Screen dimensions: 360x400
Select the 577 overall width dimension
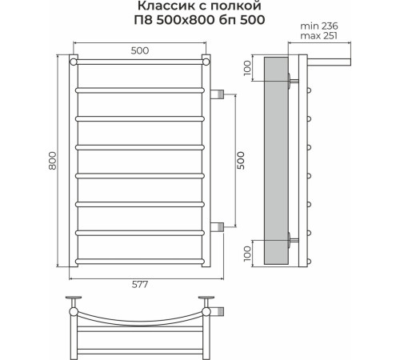click(x=141, y=286)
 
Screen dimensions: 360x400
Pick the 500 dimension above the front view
click(x=141, y=50)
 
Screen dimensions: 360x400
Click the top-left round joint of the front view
click(x=74, y=60)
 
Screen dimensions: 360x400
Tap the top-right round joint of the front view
click(x=206, y=60)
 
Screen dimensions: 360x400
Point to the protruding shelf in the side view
click(x=327, y=61)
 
